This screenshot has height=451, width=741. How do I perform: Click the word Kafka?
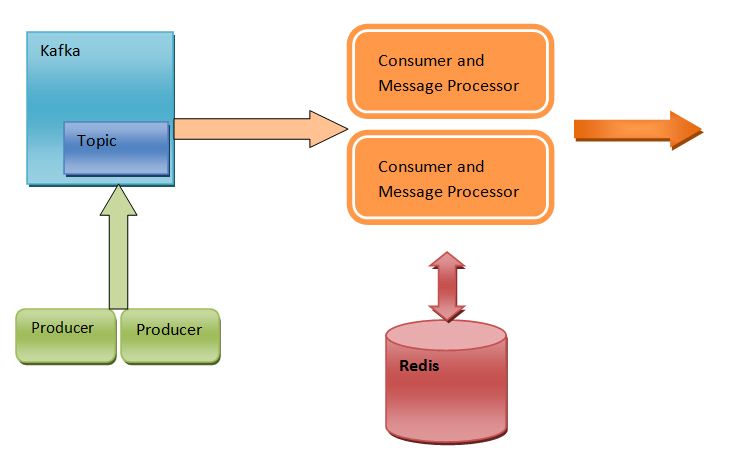60,50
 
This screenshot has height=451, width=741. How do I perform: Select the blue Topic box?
116,148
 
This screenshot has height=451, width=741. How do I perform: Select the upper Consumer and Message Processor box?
449,73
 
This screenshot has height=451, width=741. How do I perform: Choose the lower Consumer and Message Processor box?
449,178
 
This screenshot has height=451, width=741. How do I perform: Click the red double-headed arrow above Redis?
446,286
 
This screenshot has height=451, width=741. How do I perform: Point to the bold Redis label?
419,365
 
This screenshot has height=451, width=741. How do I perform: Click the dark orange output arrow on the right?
638,130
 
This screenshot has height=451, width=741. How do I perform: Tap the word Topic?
97,141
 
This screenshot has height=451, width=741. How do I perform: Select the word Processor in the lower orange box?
484,191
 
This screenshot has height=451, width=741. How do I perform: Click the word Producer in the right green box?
169,330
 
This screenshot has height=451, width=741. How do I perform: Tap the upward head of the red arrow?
446,262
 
